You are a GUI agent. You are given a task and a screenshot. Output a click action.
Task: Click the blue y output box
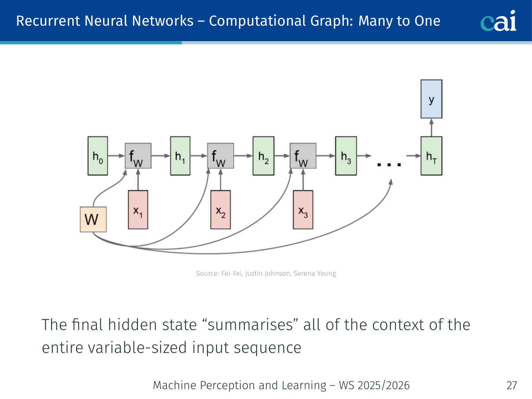pos(431,99)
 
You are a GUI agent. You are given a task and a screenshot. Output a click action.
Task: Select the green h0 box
pos(97,156)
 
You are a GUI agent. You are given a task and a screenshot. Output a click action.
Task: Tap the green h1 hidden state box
pos(180,156)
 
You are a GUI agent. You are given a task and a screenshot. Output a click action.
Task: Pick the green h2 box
pos(263,156)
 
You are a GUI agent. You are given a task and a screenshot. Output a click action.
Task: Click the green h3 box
pos(346,156)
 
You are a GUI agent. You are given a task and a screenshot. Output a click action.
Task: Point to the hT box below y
pos(431,156)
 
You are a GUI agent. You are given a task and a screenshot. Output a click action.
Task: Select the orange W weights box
pos(93,220)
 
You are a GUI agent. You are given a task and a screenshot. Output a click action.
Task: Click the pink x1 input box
pos(138,210)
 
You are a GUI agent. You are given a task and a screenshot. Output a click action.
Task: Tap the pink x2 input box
pos(221,210)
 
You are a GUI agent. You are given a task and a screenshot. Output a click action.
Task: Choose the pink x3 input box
pos(303,210)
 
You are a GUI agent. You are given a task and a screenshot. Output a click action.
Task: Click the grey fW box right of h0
pos(138,156)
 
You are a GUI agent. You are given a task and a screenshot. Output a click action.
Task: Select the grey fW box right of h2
pos(303,156)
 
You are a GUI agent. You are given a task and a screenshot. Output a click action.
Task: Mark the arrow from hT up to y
pos(431,127)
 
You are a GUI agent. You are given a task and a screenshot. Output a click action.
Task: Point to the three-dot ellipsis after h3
pos(389,164)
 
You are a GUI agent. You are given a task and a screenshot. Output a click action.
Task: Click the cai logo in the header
pos(498,21)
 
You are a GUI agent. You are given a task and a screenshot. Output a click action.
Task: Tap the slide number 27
pos(512,386)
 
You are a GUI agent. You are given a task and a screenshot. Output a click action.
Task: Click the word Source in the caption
pos(207,274)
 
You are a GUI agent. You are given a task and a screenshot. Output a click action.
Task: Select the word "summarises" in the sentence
pos(251,325)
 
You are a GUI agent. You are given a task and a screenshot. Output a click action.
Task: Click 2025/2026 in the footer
pos(384,386)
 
